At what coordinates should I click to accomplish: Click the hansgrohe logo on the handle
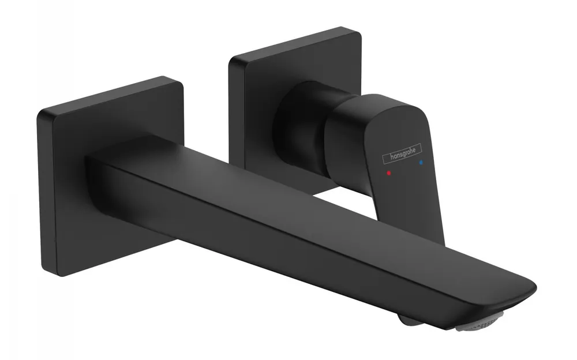click(401, 153)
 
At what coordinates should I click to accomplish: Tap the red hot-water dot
click(388, 172)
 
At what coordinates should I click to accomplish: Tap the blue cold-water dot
click(421, 162)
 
